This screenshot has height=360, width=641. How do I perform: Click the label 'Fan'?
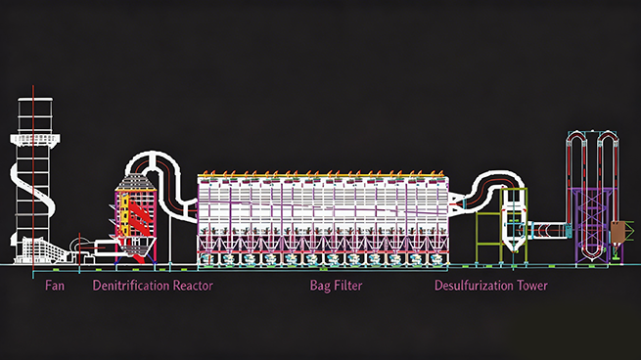point(57,286)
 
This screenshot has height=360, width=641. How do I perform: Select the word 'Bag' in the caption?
point(322,286)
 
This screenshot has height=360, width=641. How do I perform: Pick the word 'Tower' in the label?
point(530,286)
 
